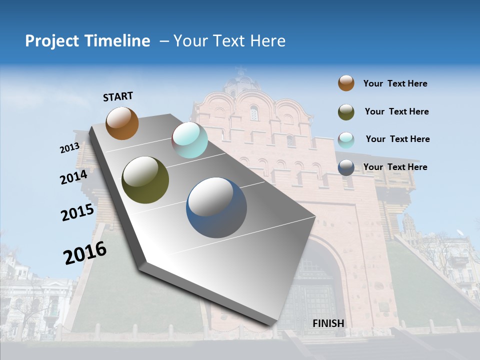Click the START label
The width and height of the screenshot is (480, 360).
118,96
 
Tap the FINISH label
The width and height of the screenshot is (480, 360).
328,323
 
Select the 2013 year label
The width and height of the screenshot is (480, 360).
69,148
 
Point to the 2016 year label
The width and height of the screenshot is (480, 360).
85,253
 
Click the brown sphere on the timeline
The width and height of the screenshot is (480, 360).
122,123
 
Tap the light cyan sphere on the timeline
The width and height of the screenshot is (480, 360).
189,140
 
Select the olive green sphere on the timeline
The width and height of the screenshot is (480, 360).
145,180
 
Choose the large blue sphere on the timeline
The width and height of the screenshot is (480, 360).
216,207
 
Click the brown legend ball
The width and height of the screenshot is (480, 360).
346,83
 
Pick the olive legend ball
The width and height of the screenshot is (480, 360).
346,112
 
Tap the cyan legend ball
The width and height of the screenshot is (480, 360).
346,140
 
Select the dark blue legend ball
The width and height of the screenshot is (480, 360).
346,167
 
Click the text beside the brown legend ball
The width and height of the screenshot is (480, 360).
395,83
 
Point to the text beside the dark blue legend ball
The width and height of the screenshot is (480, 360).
395,167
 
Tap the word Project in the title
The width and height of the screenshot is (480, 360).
52,41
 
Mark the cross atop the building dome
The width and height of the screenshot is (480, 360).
241,69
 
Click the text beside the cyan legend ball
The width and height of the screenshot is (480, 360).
397,139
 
